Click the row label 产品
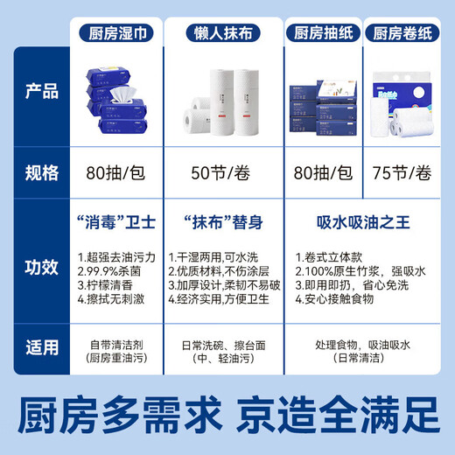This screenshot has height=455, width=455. click(42, 92)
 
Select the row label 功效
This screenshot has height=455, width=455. click(42, 265)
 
